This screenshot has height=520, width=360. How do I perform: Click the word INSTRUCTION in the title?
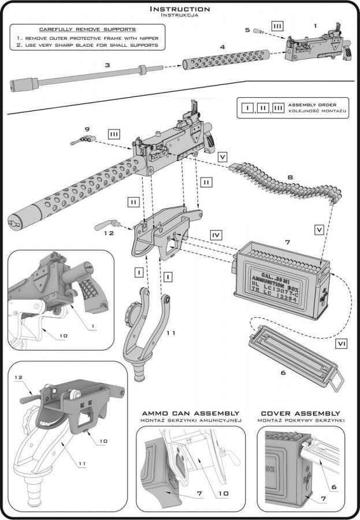coord(180,9)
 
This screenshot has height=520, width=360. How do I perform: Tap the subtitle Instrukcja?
coord(180,16)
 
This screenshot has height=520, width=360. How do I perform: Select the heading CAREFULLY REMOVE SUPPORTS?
coord(87,29)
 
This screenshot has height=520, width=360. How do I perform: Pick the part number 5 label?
coord(247,29)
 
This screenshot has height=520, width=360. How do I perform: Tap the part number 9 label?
coord(87,129)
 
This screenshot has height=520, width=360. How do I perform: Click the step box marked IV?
coord(216,235)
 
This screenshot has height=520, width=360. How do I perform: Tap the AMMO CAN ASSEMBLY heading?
coord(191,414)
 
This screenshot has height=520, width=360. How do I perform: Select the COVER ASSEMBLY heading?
coord(300,414)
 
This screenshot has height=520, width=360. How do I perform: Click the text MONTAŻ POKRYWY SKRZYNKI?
coord(300,421)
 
